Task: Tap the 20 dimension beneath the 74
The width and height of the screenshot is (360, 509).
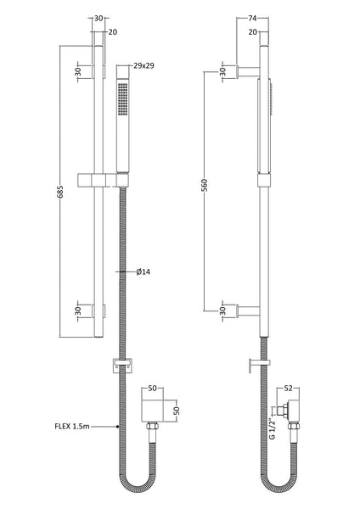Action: click(x=252, y=33)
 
